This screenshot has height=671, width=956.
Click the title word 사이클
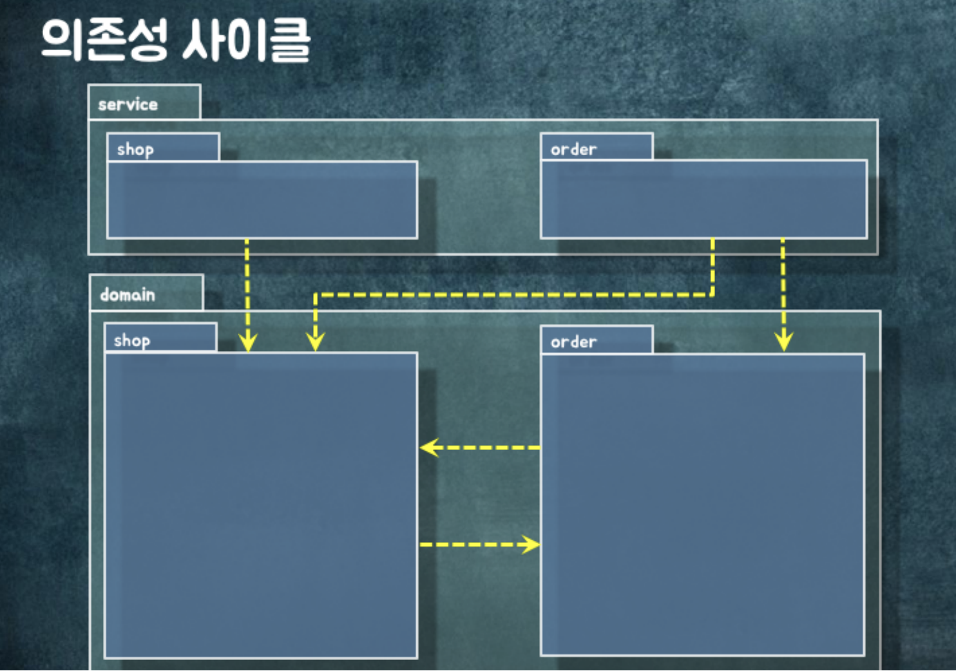(x=245, y=40)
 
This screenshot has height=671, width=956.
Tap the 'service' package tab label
(x=128, y=104)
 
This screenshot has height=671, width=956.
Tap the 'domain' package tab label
(x=128, y=295)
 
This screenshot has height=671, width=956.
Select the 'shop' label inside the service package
(x=135, y=149)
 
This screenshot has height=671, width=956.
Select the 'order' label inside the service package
(x=573, y=149)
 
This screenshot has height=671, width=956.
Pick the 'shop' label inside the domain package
(x=132, y=340)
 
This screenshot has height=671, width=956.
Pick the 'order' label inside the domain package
(x=573, y=342)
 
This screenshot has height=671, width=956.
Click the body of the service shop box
(x=262, y=200)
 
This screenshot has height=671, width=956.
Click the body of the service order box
(x=703, y=200)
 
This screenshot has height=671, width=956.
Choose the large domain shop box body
(x=261, y=506)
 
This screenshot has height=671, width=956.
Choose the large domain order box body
(x=702, y=506)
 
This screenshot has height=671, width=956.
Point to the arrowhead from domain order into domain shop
(x=428, y=447)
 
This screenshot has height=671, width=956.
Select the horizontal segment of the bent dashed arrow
(x=515, y=295)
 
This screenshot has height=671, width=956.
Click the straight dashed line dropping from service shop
(x=247, y=283)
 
